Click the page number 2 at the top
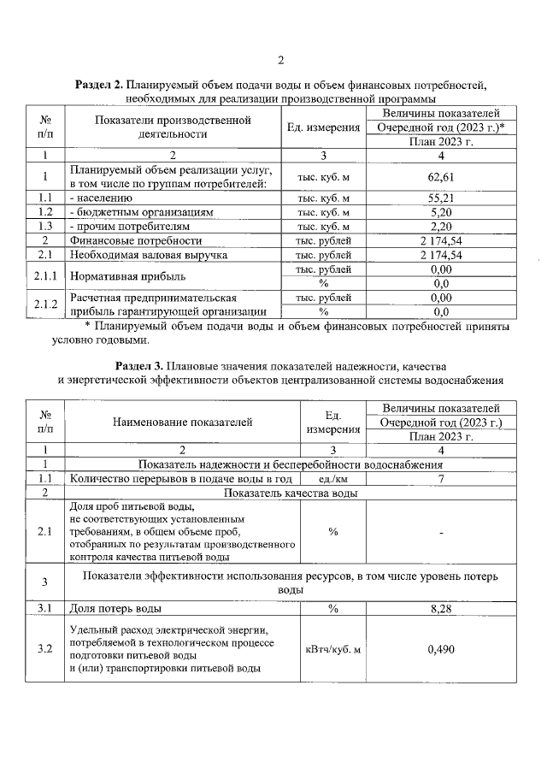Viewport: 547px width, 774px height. (279, 59)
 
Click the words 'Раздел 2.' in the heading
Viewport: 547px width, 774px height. (99, 85)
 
